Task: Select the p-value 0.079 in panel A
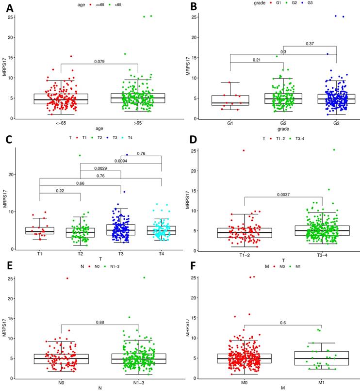click(x=99, y=62)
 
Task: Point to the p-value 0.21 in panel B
click(x=257, y=60)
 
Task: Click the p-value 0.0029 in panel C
click(x=100, y=168)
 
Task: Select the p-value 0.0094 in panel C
click(x=121, y=161)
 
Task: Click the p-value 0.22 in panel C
click(x=60, y=190)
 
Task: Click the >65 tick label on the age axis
click(x=138, y=124)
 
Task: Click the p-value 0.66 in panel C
click(x=80, y=183)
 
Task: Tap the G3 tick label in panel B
click(x=336, y=124)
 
